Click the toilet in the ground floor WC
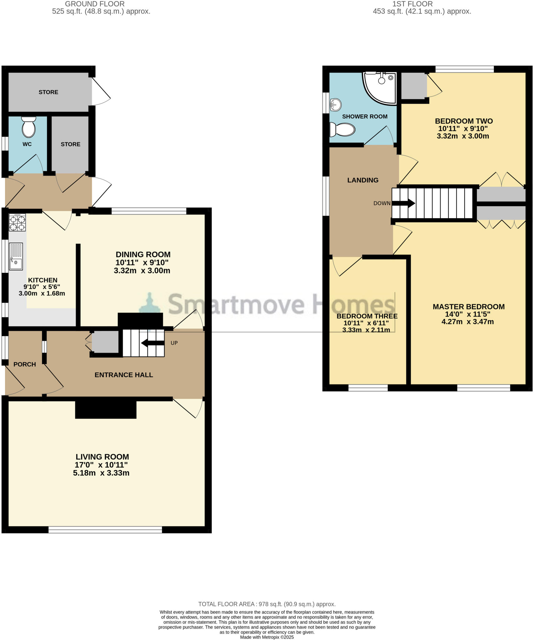point(29,127)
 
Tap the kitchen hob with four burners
point(17,222)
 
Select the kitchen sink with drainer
point(16,256)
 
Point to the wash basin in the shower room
point(336,105)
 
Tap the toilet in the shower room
point(343,129)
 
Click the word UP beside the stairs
point(174,343)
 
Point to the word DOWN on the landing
point(382,203)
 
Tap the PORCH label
point(25,364)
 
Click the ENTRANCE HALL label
point(124,375)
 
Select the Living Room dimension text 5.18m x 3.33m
point(101,473)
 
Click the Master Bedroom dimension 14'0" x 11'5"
point(467,314)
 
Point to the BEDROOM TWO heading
point(464,121)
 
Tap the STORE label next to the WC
point(70,144)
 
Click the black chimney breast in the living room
point(106,409)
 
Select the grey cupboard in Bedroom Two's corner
point(413,85)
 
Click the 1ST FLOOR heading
point(412,4)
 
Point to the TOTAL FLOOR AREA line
point(267,604)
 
